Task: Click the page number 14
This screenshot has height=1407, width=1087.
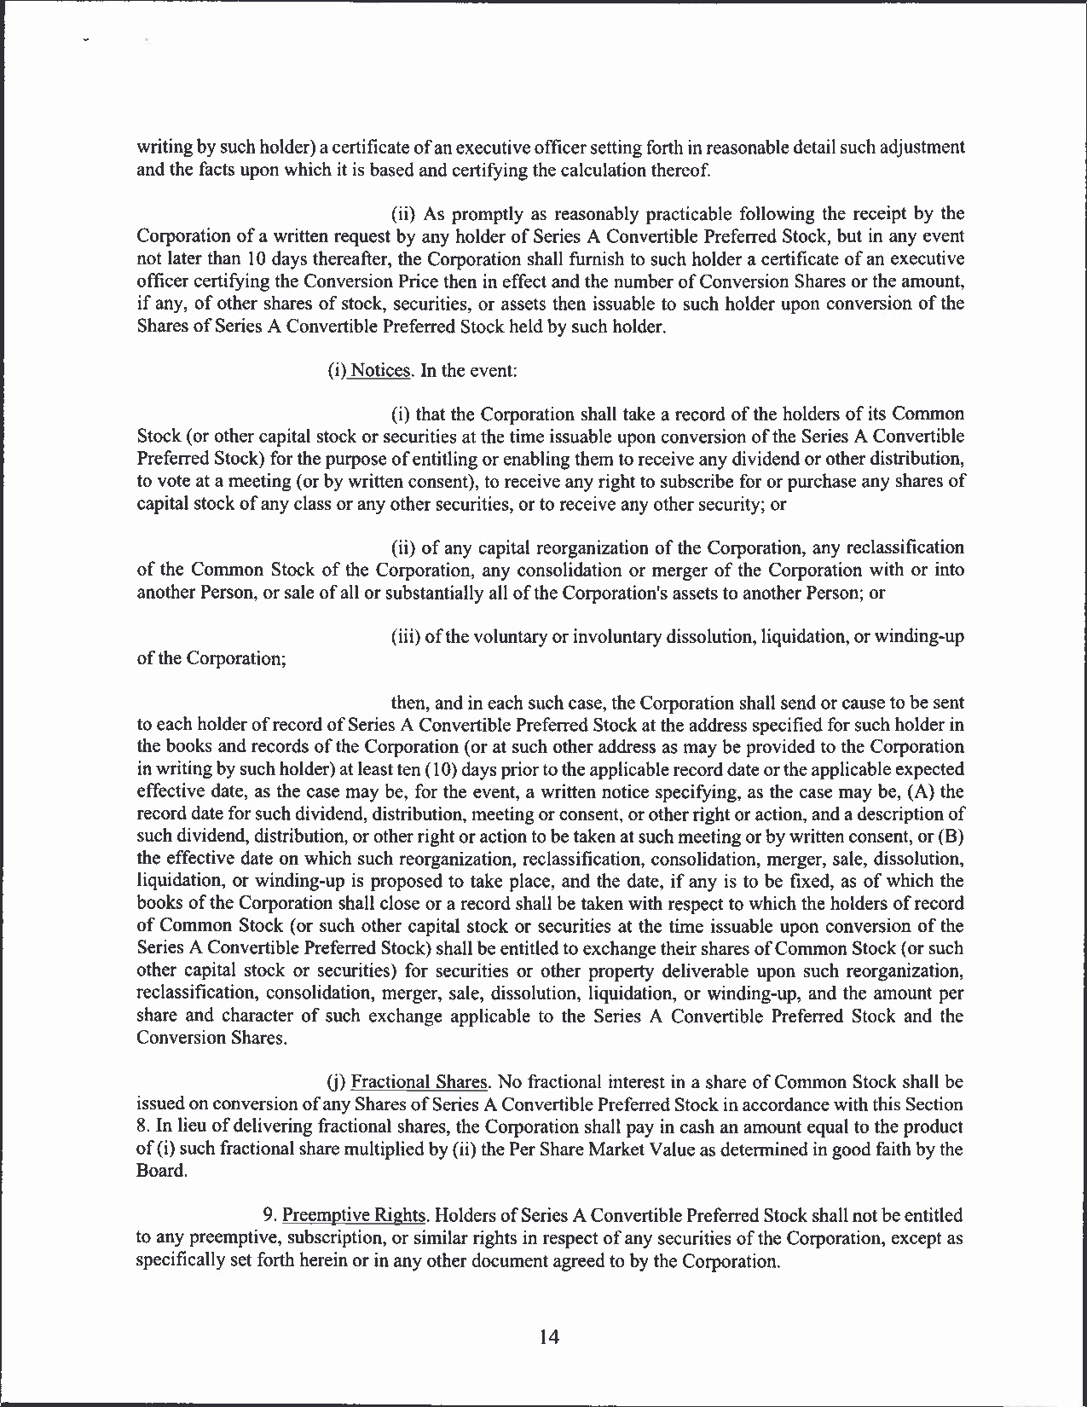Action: point(549,1337)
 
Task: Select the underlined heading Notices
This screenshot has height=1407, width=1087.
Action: point(382,371)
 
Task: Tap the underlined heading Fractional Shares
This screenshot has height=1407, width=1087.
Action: point(419,1082)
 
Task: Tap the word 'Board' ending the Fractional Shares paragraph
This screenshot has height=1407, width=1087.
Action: point(159,1171)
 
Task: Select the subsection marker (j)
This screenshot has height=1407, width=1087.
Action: point(337,1082)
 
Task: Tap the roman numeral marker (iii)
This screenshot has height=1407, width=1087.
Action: point(404,637)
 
